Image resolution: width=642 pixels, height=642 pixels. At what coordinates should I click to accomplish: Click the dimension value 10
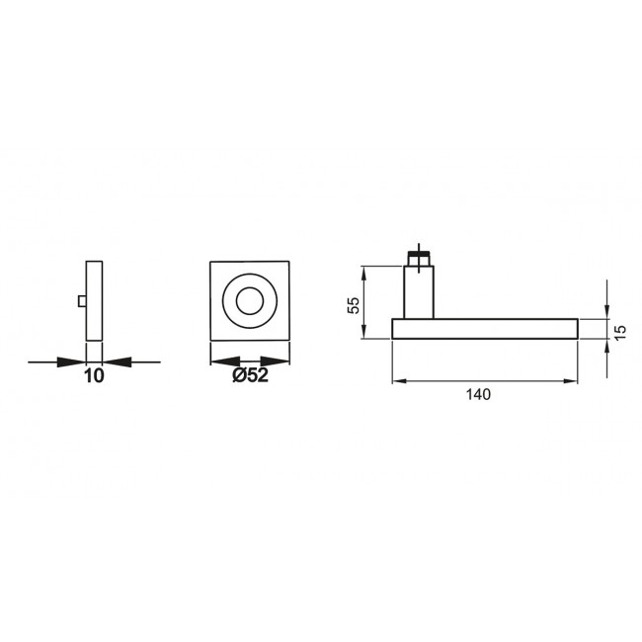[x=94, y=376]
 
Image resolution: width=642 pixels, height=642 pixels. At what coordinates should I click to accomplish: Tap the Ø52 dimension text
[x=250, y=374]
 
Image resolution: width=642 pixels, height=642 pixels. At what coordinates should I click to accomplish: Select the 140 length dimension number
[x=478, y=394]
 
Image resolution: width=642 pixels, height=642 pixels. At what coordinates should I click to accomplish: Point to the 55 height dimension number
[x=353, y=304]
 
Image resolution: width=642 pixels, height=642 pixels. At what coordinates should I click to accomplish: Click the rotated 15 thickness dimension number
[x=620, y=332]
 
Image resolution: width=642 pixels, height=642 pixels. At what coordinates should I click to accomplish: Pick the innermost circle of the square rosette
[x=250, y=301]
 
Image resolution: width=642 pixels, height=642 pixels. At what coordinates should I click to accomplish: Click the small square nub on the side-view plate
[x=82, y=301]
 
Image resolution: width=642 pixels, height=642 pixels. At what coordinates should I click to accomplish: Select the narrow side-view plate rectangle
[x=94, y=300]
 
